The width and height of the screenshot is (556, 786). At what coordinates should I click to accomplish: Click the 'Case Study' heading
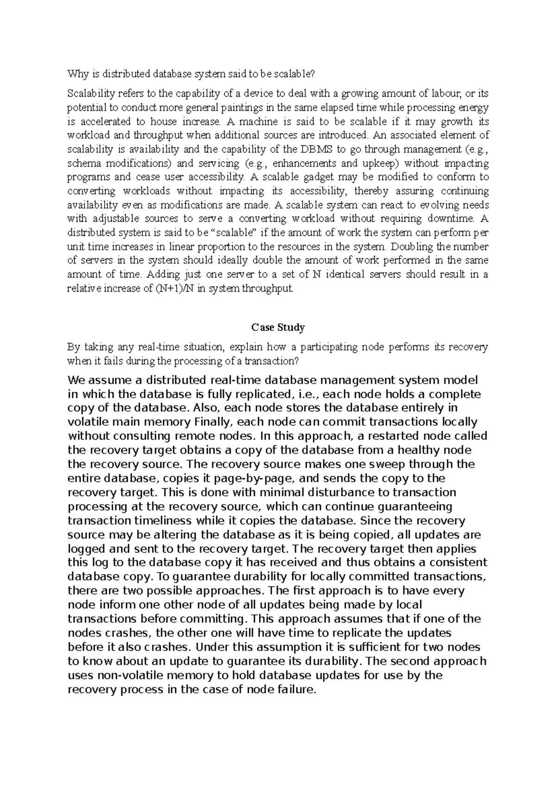point(278,328)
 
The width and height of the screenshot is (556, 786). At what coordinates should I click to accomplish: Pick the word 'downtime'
point(450,219)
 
